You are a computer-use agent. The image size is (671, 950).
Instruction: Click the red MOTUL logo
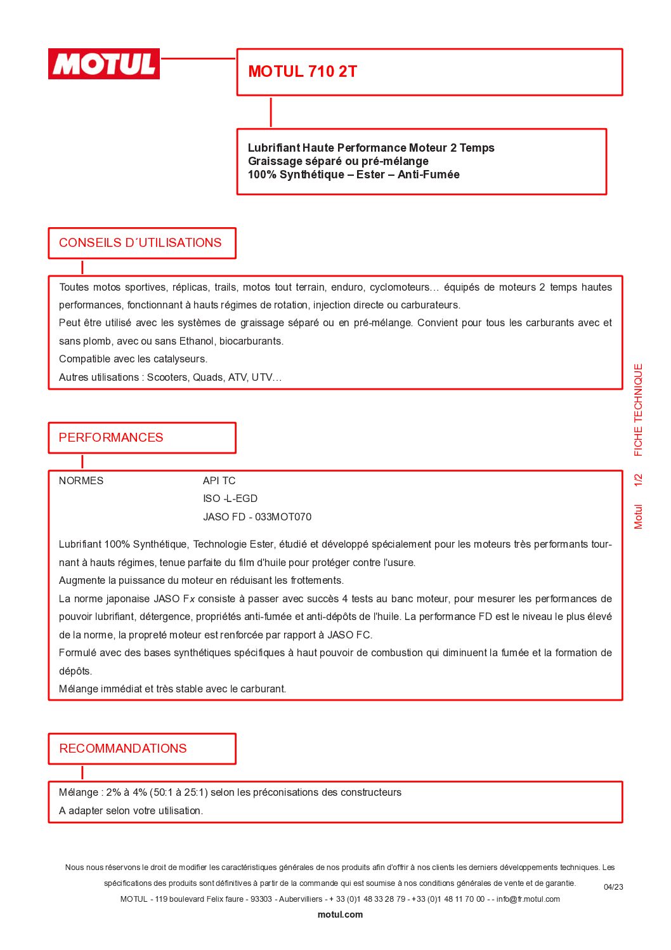pos(104,64)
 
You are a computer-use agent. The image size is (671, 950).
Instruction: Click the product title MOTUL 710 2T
pos(303,72)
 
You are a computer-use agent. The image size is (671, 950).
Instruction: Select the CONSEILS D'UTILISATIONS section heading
pos(140,243)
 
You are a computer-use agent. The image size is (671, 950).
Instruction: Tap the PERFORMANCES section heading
pos(111,438)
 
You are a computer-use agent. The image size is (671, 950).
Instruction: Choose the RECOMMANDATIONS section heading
pos(123,749)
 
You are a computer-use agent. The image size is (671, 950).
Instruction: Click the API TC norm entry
pos(219,481)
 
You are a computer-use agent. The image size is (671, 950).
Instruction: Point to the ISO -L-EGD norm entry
pos(230,499)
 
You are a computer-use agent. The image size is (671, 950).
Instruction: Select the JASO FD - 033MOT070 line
pos(257,517)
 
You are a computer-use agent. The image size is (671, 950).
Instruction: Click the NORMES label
pos(81,481)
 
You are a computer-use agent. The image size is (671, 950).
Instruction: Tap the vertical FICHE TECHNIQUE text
pos(639,410)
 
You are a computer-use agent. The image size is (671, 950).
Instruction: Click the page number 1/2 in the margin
pos(639,480)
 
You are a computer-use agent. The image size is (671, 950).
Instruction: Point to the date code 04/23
pos(613,887)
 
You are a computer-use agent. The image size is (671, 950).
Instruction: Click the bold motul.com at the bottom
pos(340,914)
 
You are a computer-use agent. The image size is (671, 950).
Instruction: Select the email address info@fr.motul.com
pos(528,899)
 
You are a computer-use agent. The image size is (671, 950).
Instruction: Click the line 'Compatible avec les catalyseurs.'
pos(133,359)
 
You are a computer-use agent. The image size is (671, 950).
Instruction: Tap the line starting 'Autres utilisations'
pos(170,378)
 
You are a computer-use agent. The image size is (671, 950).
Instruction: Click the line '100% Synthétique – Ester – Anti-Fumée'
pos(353,175)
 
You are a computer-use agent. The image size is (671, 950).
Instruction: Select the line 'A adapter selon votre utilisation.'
pos(131,811)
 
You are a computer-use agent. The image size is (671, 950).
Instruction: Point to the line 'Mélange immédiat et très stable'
pos(173,689)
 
